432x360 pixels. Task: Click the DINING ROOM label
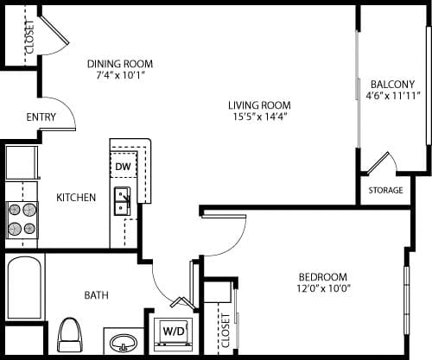tap(120, 64)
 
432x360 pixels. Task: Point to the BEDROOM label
tap(324, 275)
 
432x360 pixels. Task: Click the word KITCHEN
tap(76, 198)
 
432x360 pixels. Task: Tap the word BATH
tap(96, 295)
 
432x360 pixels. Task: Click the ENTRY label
tap(41, 117)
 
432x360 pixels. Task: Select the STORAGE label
tap(385, 190)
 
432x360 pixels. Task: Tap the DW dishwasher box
tap(123, 166)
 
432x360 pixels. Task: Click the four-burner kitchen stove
tap(23, 218)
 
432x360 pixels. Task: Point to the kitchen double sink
tap(123, 200)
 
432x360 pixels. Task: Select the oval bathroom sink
tap(124, 342)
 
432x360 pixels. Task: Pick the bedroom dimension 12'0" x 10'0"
tap(324, 287)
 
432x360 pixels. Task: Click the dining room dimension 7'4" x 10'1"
tap(120, 76)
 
